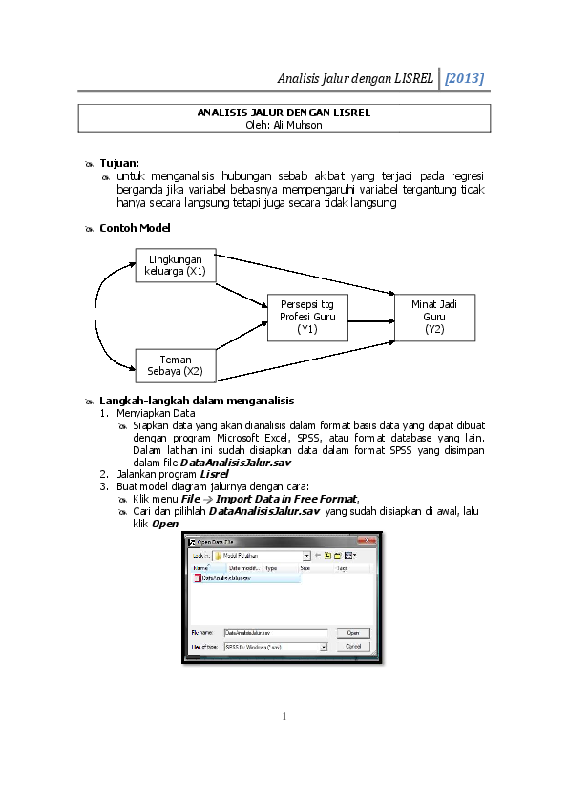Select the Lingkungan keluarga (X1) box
click(177, 265)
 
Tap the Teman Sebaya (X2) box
click(176, 365)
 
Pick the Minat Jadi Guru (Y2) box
click(434, 317)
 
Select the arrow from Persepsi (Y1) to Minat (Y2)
click(370, 317)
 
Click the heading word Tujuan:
click(119, 163)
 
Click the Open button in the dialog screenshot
click(352, 632)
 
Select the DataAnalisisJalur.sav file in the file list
click(225, 578)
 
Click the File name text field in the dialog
click(275, 632)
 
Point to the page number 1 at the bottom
click(284, 715)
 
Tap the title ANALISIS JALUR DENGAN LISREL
click(284, 113)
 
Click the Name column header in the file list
click(200, 567)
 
